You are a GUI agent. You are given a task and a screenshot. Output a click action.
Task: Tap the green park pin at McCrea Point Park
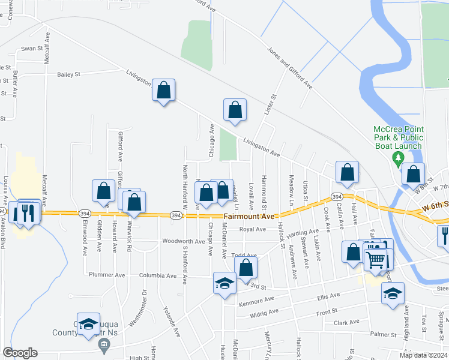[397, 159]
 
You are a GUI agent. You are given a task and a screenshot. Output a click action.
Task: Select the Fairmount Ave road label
[249, 216]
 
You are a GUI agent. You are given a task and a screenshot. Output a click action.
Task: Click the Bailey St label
[68, 74]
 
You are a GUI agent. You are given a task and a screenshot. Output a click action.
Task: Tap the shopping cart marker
[375, 260]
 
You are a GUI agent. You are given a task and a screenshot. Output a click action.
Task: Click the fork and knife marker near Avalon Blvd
[29, 212]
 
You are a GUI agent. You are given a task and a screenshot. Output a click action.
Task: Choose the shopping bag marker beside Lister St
[235, 110]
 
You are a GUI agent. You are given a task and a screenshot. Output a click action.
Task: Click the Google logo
[20, 353]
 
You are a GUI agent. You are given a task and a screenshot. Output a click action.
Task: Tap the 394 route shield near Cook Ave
[337, 197]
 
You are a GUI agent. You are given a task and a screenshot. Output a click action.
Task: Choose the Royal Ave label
[252, 229]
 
